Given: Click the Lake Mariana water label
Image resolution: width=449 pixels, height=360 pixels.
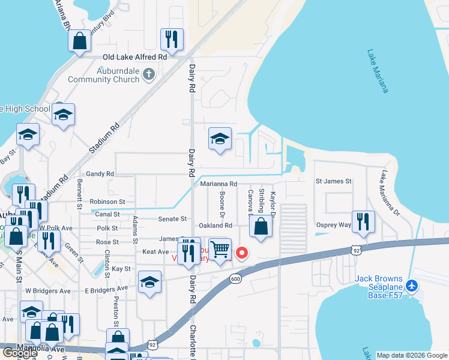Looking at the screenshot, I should tap(378, 71).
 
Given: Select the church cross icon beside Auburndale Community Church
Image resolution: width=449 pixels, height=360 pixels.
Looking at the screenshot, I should tap(149, 74).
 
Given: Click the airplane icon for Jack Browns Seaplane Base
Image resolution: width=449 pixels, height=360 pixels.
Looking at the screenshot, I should tap(412, 286).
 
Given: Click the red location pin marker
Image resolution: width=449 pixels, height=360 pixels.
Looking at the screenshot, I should tap(243, 253).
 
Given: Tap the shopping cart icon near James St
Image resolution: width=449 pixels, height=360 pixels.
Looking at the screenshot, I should tap(221, 248).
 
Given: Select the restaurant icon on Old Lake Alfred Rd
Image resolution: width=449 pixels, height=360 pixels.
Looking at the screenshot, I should tap(172, 40).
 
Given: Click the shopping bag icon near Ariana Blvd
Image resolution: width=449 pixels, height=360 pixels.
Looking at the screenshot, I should tap(79, 41).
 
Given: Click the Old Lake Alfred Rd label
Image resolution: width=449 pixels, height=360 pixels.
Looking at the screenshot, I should tap(134, 57).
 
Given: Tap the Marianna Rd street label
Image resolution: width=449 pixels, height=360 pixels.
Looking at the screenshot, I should tap(219, 184).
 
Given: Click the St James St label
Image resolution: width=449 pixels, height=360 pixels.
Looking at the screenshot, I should tap(333, 181).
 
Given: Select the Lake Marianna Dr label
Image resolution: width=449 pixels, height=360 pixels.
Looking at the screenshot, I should tap(388, 192).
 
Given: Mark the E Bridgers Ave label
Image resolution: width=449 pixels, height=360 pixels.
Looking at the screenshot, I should tap(107, 289).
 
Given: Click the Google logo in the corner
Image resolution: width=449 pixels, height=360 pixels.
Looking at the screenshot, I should tap(20, 353).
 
